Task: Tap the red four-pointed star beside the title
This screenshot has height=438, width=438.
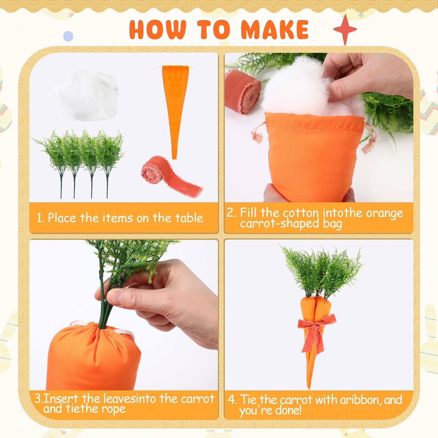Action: point(345,30)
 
